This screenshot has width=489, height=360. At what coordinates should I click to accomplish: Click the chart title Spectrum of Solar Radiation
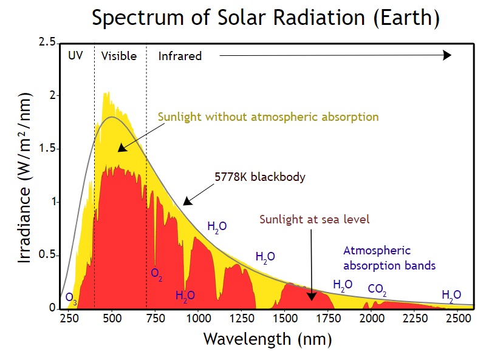point(265,18)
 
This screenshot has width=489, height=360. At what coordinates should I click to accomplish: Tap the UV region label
point(75,56)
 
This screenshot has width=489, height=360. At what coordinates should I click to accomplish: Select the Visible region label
point(119,56)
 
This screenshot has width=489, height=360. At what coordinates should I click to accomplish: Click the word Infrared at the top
point(180,56)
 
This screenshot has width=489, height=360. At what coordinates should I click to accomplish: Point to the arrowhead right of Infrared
point(447,55)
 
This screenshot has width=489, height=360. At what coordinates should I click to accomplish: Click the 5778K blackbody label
point(259,178)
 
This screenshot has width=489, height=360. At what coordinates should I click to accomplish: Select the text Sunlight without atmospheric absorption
point(268,116)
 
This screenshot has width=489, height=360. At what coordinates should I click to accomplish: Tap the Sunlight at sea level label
point(314,219)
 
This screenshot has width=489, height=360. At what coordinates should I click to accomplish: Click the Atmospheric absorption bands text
point(389,258)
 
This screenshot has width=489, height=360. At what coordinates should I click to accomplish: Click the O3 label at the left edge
point(72,298)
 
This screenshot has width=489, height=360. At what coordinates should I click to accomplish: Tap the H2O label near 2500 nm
point(451,295)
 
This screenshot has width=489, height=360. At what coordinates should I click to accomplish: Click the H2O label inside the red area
point(185,296)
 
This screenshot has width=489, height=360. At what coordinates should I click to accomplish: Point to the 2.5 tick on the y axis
point(47,42)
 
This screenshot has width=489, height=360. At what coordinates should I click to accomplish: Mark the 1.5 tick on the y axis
point(47,149)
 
